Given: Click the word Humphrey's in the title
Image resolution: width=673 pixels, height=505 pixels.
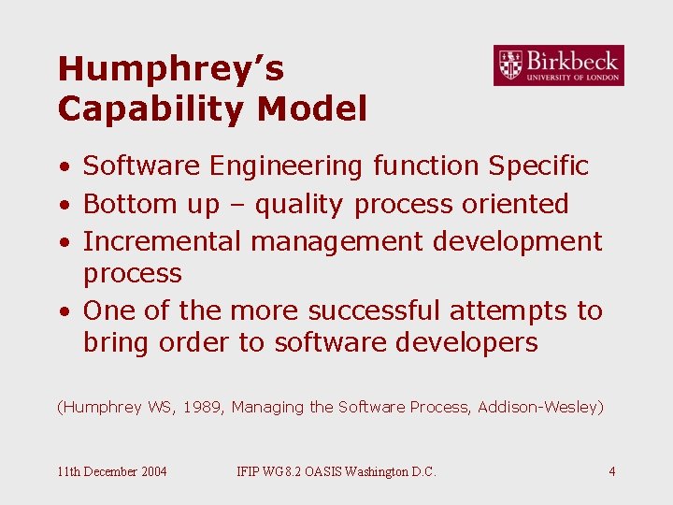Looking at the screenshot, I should pos(170,69).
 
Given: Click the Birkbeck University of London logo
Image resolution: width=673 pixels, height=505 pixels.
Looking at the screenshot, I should pos(558,65).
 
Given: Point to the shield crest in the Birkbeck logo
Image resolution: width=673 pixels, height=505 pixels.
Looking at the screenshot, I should pos(510,65).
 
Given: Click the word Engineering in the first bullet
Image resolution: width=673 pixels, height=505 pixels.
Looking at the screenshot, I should pos(287,166).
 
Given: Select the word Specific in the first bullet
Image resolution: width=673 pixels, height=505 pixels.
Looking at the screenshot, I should pos(537,166).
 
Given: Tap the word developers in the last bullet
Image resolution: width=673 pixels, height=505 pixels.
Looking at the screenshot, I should pos(466,342).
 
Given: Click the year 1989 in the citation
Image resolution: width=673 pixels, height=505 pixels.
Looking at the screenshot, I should pos(202,407).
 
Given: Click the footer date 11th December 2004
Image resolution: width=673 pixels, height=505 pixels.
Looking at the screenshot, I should pos(112,471).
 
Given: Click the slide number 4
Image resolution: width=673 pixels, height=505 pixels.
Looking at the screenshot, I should pos(611,471).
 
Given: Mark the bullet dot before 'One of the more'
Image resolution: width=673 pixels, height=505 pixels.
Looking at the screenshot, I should pos(63,311).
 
